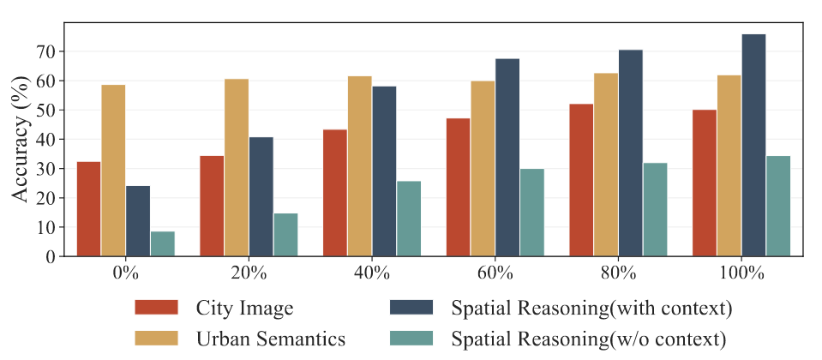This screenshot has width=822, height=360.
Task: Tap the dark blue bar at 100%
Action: point(753,145)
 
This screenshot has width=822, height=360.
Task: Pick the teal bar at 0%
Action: point(163,243)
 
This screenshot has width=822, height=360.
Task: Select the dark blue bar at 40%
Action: point(409,171)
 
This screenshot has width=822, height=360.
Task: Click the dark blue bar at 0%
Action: point(138,220)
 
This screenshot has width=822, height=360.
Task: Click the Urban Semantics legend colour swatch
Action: point(156,338)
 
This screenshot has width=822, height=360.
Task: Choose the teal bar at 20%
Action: point(286,234)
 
